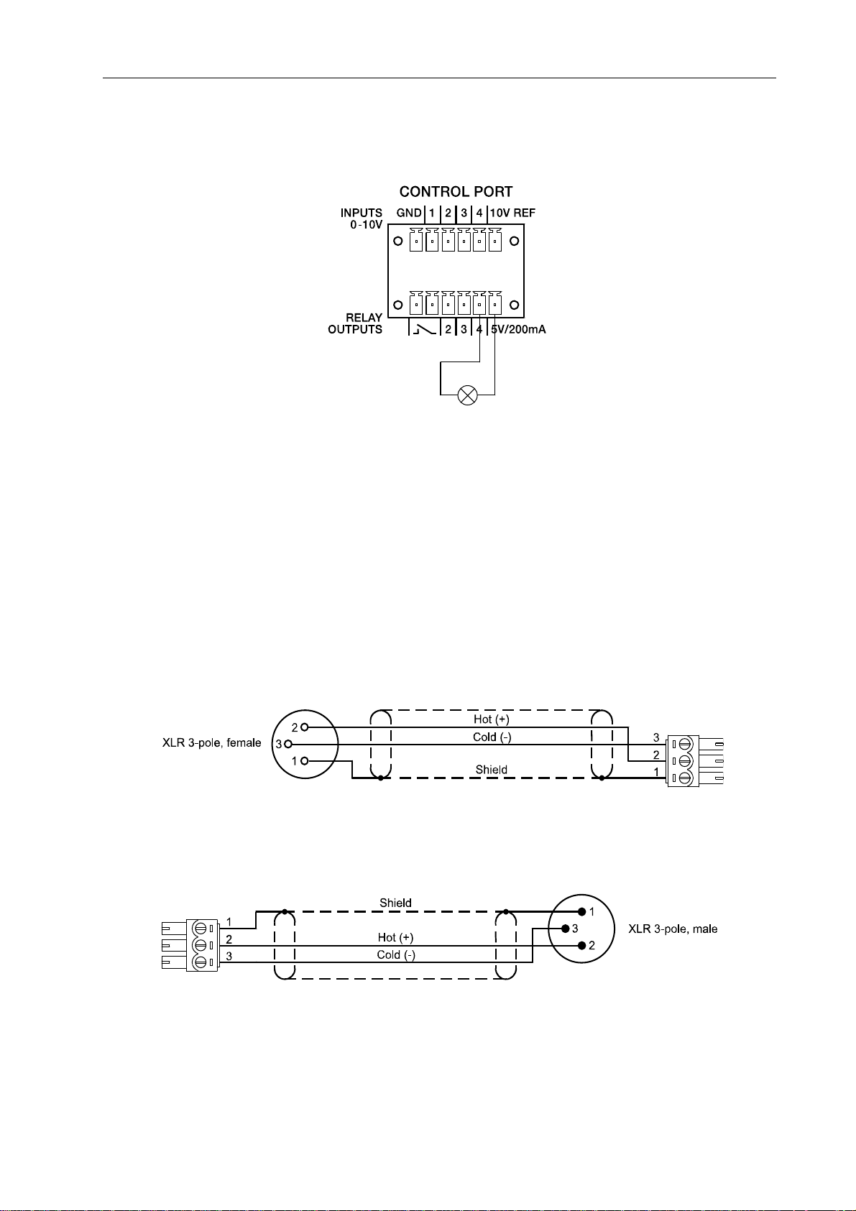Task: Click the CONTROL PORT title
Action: (456, 192)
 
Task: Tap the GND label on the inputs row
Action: (409, 213)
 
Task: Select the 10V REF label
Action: (512, 213)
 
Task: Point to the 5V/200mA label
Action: (517, 329)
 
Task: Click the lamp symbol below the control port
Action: (468, 395)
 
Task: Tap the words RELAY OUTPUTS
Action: (355, 323)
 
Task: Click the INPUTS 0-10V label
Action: (361, 218)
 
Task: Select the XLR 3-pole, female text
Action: (211, 743)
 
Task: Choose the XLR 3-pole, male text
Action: (673, 929)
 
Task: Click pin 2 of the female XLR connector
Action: (305, 727)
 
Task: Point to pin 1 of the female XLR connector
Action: (305, 761)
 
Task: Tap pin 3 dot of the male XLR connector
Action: (565, 929)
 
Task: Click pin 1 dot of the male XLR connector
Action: (581, 911)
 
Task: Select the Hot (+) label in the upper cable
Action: (492, 719)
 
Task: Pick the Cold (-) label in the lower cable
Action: (395, 955)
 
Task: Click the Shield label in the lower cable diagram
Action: (395, 903)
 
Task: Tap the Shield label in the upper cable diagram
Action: (492, 770)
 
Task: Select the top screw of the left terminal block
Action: (201, 927)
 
